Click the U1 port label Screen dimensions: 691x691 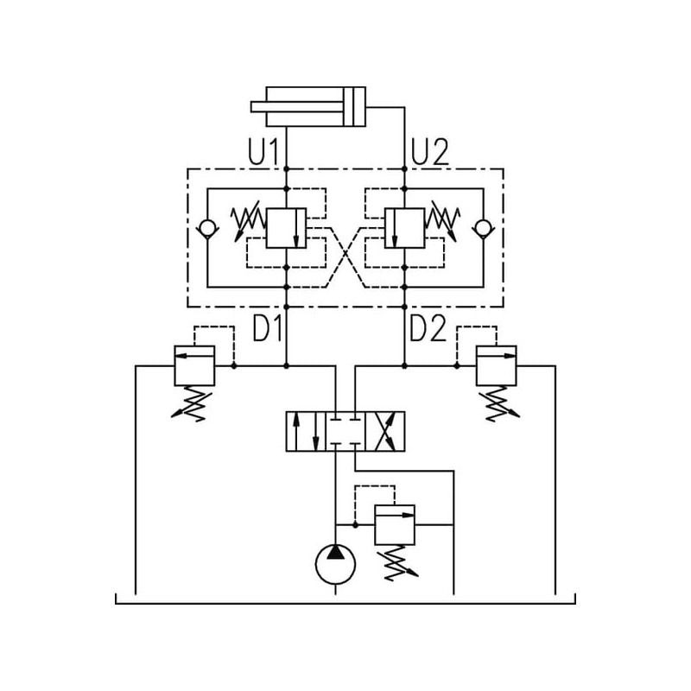[263, 151]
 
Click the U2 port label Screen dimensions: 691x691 [429, 151]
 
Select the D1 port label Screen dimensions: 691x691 [268, 328]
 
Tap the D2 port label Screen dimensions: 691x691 [428, 328]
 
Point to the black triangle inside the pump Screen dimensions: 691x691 [335, 552]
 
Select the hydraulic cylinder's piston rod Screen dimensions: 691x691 [298, 106]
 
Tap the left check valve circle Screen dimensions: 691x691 [207, 228]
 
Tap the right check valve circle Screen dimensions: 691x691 [483, 228]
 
